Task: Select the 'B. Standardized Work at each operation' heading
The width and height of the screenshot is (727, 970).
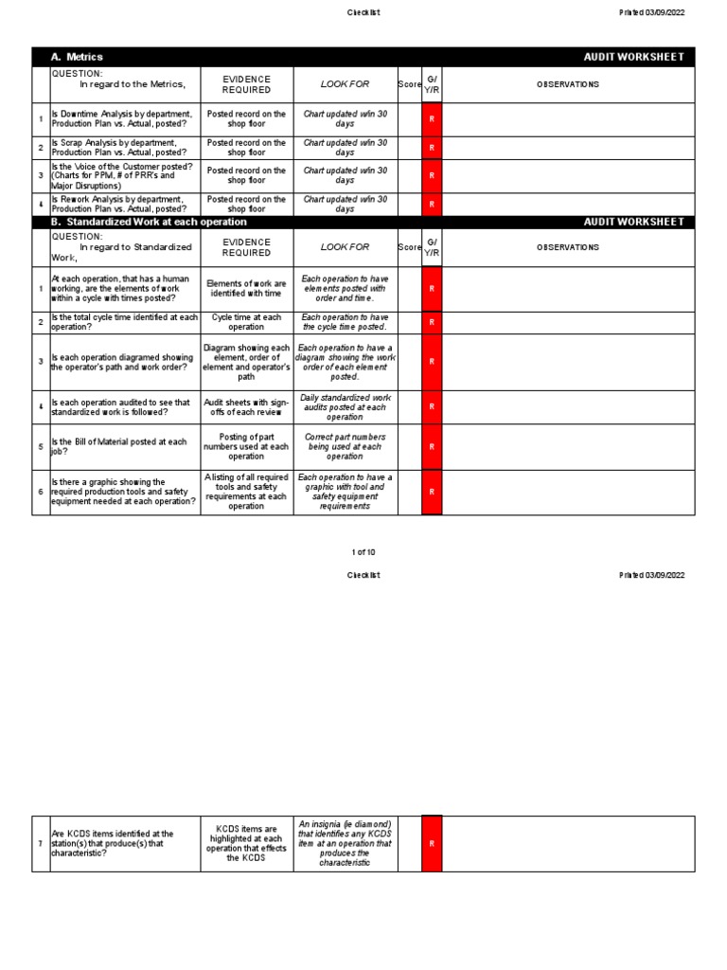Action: click(x=149, y=222)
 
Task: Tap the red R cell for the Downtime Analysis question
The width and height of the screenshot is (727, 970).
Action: click(x=432, y=119)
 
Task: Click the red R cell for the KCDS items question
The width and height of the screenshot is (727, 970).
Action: click(x=432, y=843)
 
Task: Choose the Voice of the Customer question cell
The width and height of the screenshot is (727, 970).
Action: click(x=121, y=176)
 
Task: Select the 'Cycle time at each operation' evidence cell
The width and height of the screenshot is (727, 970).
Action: click(x=247, y=322)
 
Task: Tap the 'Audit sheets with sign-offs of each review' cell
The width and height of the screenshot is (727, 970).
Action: click(x=247, y=407)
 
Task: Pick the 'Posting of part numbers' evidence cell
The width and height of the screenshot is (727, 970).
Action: click(x=247, y=446)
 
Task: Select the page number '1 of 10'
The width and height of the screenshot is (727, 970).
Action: click(x=363, y=551)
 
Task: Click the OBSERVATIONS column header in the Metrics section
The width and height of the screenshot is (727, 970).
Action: click(x=568, y=84)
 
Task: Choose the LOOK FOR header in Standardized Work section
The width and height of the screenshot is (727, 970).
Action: click(x=345, y=247)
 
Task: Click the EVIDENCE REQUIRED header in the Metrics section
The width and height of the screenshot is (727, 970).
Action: click(x=246, y=84)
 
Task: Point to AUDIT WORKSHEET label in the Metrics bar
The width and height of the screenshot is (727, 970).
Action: click(x=633, y=57)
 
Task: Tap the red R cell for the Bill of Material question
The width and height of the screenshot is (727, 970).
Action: click(x=432, y=446)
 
